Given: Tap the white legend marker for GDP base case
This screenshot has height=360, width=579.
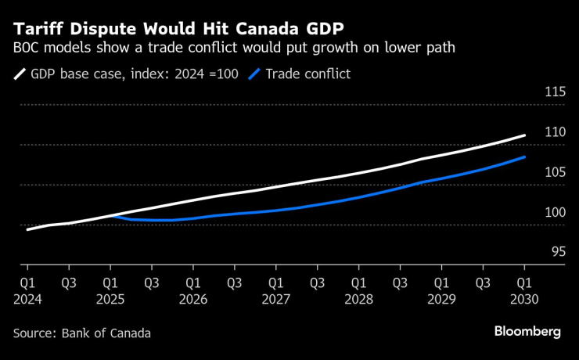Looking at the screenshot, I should [x=20, y=74].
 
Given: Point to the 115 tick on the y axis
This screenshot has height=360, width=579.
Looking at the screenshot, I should [x=554, y=92].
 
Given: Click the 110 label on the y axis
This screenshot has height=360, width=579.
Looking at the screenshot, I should [x=554, y=132].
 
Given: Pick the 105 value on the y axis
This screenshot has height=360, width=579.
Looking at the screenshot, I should [x=554, y=172].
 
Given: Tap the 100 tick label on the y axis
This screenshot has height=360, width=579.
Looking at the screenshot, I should [x=554, y=212].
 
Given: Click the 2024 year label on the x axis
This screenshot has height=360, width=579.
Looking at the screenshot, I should [x=27, y=299].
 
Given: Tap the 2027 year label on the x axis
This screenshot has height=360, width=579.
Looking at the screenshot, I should [x=276, y=299].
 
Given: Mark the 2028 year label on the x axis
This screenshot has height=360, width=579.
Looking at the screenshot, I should [x=359, y=299].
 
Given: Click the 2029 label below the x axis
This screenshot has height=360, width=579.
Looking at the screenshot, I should [x=442, y=299].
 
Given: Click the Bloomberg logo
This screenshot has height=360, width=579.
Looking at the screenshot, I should [x=527, y=332].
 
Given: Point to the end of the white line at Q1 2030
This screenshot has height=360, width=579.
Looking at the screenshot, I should [x=524, y=135].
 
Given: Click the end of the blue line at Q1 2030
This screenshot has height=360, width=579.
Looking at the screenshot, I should [x=524, y=157].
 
